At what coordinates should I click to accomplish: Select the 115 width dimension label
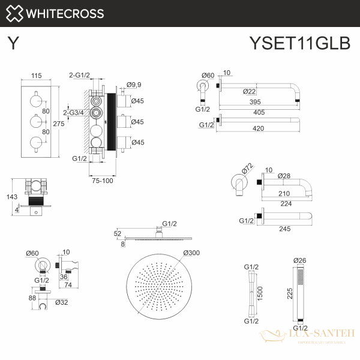tap(36, 76)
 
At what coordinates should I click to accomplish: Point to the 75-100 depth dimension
tap(102, 181)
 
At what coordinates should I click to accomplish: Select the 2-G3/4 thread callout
tap(73, 112)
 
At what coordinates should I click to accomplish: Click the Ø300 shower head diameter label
tap(192, 253)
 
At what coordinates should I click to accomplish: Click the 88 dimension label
tap(32, 297)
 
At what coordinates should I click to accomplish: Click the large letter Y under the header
tap(13, 43)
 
